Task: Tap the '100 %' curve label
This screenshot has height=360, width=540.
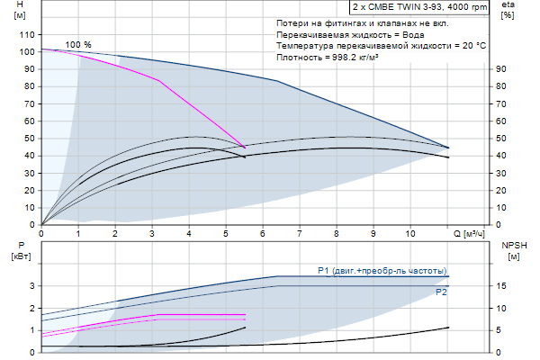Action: coord(78,45)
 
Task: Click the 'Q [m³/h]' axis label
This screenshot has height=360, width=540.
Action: coord(469,233)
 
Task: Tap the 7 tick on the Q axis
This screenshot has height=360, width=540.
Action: coord(300,233)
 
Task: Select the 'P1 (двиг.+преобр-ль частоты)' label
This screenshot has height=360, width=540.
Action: coord(382,270)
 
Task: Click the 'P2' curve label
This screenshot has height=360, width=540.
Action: coord(441,292)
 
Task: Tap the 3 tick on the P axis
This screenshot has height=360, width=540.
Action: coord(31,286)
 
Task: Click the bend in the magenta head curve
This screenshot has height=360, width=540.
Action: coord(159,81)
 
